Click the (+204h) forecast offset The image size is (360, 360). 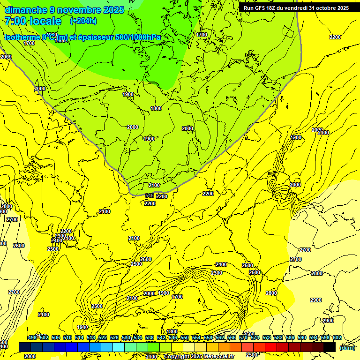pyautogui.click(x=83, y=21)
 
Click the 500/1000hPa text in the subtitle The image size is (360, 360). pyautogui.click(x=140, y=37)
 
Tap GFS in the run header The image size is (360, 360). pyautogui.click(x=261, y=8)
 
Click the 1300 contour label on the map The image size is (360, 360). pyautogui.click(x=296, y=137)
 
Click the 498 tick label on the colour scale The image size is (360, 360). pyautogui.click(x=32, y=337)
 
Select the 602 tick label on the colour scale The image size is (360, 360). pyautogui.click(x=337, y=337)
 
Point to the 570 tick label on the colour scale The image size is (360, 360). pyautogui.click(x=243, y=337)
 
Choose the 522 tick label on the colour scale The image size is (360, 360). pyautogui.click(x=103, y=337)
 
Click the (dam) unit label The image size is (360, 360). pyautogui.click(x=347, y=347)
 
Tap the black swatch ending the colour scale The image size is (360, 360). pyautogui.click(x=329, y=347)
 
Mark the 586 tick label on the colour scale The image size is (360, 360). pyautogui.click(x=290, y=337)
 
